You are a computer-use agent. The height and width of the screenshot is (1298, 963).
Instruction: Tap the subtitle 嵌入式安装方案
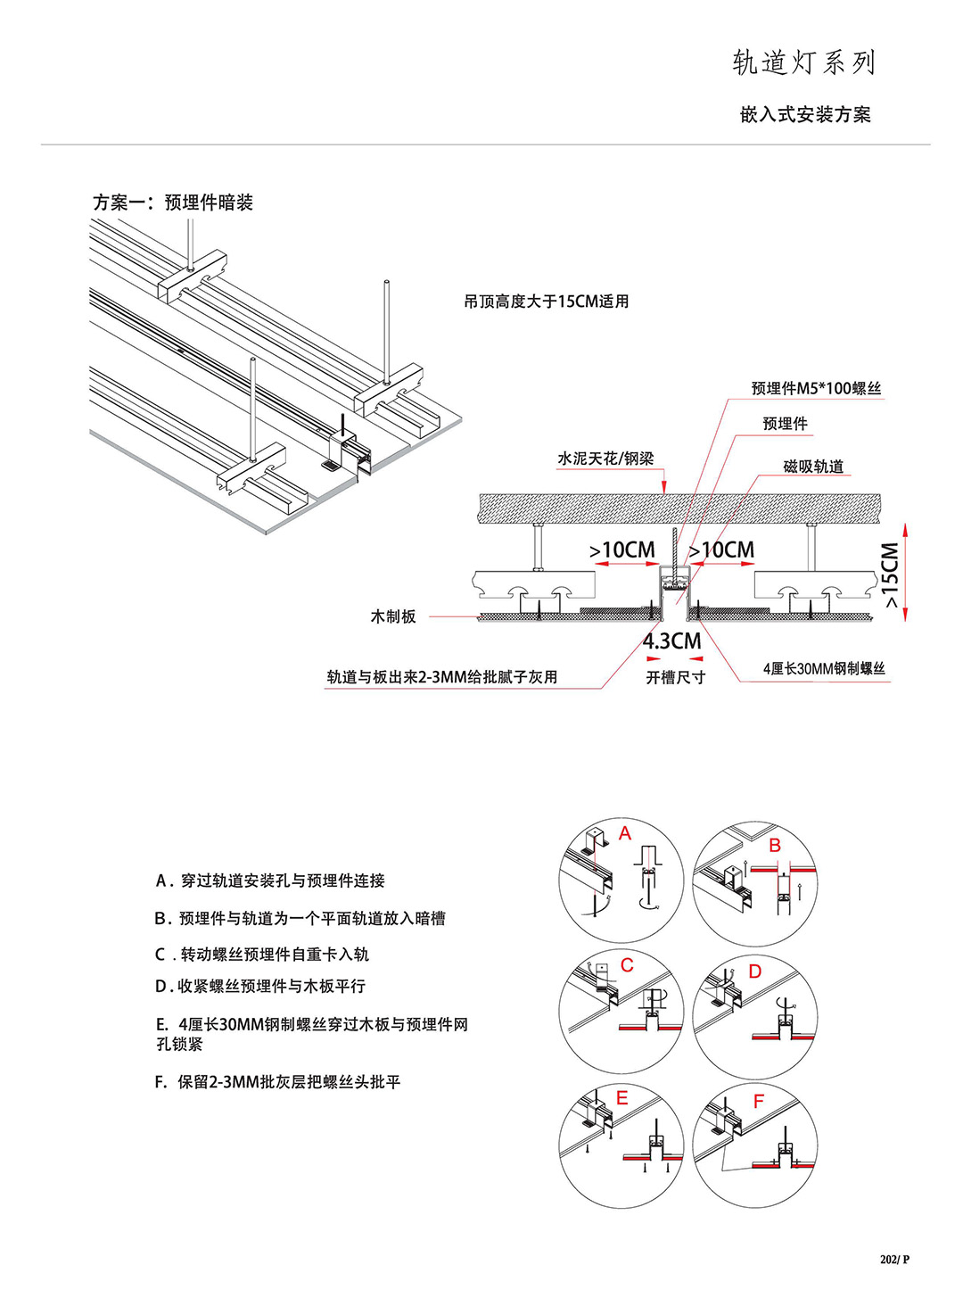pos(805,114)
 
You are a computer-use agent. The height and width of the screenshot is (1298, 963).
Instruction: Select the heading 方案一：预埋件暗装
pos(173,203)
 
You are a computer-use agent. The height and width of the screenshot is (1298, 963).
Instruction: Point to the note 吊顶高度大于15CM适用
pos(546,302)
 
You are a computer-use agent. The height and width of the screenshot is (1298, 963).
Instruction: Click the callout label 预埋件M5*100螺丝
pos(816,388)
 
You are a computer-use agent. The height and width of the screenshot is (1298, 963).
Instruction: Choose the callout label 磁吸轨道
pos(813,466)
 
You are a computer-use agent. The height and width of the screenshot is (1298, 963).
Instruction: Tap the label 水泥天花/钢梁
pos(605,459)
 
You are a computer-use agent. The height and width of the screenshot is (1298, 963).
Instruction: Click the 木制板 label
pos(393,616)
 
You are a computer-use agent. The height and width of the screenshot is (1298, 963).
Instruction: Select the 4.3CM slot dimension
pos(672,641)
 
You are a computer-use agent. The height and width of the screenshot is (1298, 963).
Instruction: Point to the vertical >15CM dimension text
pos(890,575)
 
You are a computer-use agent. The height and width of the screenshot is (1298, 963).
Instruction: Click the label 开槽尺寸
pos(675,678)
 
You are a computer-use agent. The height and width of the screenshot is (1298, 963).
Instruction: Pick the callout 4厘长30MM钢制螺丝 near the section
pos(824,668)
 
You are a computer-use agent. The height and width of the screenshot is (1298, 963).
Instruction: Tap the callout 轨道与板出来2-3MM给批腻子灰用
pos(442,677)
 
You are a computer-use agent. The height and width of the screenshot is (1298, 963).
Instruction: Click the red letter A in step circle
pos(625,834)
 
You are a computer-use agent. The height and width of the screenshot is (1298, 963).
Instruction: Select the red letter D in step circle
pos(755,971)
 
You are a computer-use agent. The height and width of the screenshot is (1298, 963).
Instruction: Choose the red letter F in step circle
pos(759,1102)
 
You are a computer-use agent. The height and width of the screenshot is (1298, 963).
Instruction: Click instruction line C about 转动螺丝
pos(262,955)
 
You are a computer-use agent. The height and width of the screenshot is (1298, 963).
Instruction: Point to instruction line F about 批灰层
pos(277,1082)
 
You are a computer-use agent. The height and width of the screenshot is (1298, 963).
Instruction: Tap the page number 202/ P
pos(894,1260)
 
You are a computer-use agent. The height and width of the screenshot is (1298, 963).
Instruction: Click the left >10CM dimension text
pos(622,550)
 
